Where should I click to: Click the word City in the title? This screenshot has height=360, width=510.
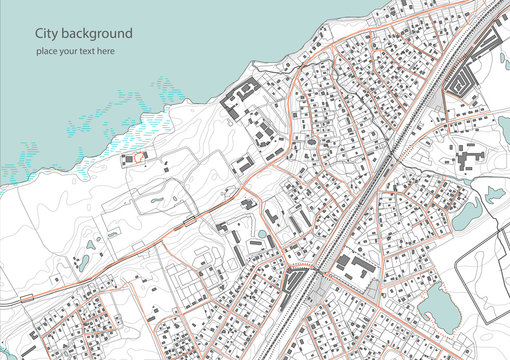[46, 33]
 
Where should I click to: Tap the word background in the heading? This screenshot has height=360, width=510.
[96, 34]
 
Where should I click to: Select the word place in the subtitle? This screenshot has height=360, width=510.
[47, 50]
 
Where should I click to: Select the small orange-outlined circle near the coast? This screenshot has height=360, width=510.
[139, 156]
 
